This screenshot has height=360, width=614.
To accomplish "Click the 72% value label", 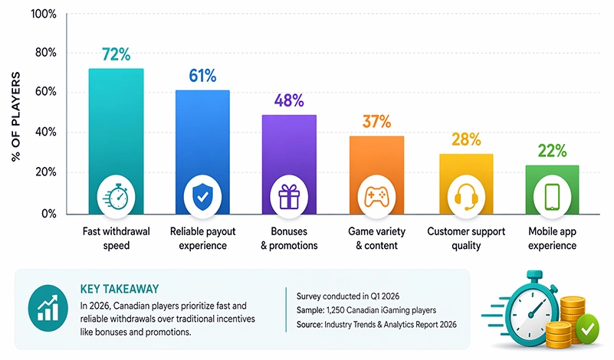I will tap(116, 54).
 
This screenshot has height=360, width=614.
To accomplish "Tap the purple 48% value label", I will tap(290, 100).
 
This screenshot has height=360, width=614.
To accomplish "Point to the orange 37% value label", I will tap(376, 121).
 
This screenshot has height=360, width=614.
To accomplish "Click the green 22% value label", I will tap(552, 151).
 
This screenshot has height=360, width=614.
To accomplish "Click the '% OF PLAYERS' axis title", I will tap(15, 115).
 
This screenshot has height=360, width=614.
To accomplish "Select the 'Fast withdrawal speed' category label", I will tap(116, 237).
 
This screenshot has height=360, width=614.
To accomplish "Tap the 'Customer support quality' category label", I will tap(465, 237).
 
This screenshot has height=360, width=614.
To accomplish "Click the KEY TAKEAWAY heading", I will tap(119, 289).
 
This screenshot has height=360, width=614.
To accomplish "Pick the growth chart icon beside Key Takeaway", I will tap(48, 308).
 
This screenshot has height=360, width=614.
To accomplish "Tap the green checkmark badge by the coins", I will tap(586, 330).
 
